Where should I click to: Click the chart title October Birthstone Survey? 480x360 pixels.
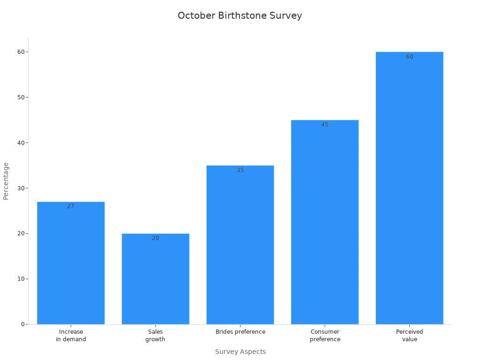tap(240, 15)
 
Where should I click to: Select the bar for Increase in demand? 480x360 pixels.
tap(71, 262)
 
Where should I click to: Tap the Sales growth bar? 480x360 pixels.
tap(155, 279)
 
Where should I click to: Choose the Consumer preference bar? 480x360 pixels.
tap(325, 222)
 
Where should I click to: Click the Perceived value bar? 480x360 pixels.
tap(409, 188)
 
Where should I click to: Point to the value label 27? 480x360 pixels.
tap(71, 206)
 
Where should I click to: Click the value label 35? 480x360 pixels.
tap(240, 170)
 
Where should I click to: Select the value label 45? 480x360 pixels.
tap(325, 125)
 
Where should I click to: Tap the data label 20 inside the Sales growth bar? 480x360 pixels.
tap(155, 238)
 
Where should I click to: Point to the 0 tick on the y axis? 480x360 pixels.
tap(22, 324)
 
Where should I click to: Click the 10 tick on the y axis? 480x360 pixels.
tap(21, 279)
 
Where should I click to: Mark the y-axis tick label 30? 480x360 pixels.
tap(21, 188)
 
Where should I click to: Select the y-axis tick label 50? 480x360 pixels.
tap(21, 97)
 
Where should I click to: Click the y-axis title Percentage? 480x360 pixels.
tap(6, 181)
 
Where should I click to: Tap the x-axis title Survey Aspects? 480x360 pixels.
tap(240, 352)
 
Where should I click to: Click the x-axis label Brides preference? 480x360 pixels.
tap(240, 332)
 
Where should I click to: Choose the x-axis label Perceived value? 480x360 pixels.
tap(409, 335)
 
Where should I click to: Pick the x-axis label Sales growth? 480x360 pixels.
tap(155, 335)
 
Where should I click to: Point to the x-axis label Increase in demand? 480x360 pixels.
tap(71, 335)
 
